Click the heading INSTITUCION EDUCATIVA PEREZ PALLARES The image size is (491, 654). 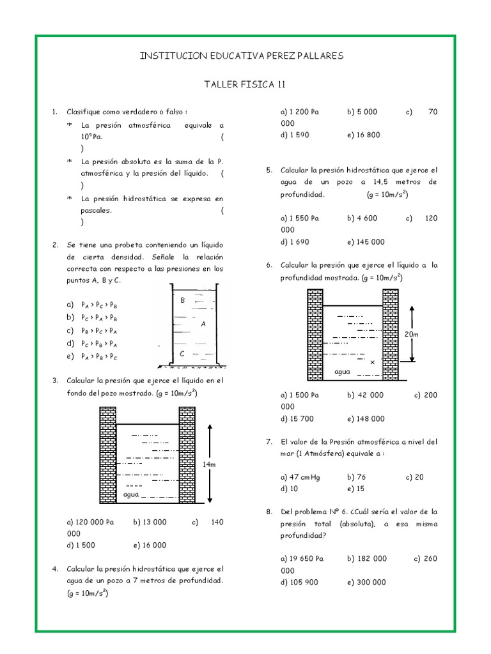(x=241, y=56)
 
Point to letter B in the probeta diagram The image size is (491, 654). (x=183, y=300)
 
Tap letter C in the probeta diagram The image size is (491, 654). (x=182, y=353)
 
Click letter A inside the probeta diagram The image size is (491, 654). (x=203, y=324)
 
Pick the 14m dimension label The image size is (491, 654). (x=209, y=464)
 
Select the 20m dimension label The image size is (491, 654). (x=410, y=334)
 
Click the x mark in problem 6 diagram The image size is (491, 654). (x=372, y=361)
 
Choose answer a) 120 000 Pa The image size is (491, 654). (x=90, y=522)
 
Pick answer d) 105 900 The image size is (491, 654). (x=300, y=582)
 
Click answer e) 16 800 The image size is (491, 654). (x=364, y=135)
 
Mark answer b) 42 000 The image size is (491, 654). (x=366, y=395)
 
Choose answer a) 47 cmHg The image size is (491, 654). (x=299, y=477)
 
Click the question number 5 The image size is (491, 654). (x=269, y=171)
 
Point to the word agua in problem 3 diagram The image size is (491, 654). (x=130, y=495)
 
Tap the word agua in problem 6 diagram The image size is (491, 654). (x=343, y=370)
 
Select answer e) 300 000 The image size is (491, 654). (x=367, y=582)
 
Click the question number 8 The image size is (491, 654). (x=269, y=512)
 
